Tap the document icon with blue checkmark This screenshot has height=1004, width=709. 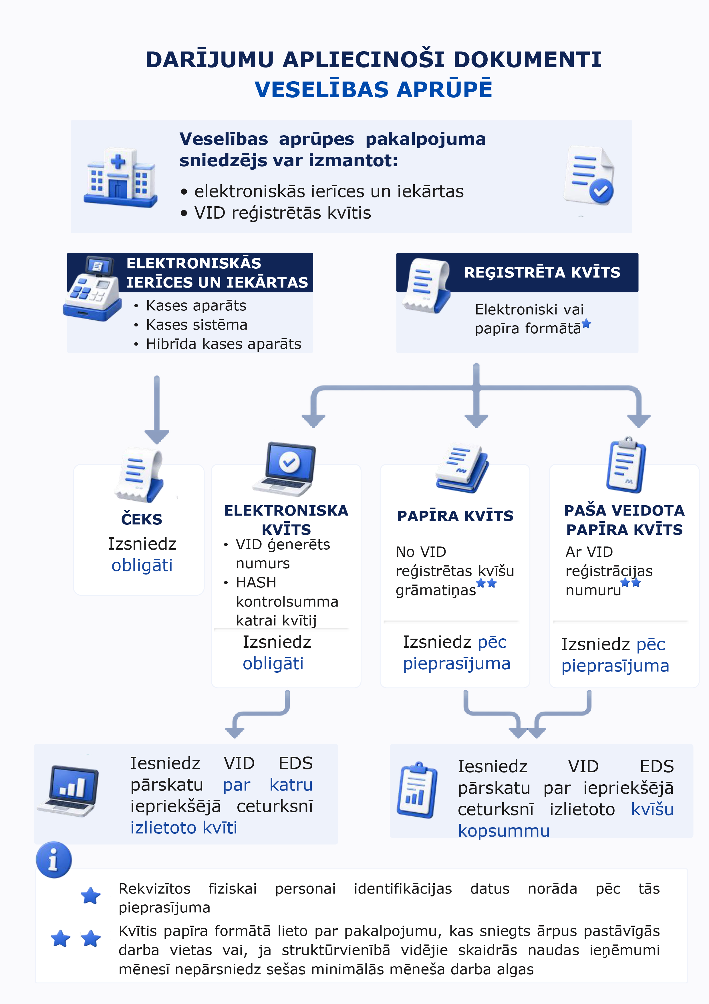click(589, 176)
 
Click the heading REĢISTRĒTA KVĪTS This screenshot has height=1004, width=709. click(542, 272)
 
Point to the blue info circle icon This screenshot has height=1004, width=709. click(54, 860)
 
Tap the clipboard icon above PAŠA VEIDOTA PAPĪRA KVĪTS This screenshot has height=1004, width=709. click(626, 465)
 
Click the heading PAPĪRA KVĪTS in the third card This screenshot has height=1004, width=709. click(455, 516)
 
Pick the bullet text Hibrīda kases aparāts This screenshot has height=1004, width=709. click(223, 344)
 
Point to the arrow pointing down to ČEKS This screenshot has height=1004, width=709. click(157, 409)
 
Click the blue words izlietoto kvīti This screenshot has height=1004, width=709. click(184, 828)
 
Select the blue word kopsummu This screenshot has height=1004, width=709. click(504, 831)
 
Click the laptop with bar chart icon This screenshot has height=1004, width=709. click(68, 791)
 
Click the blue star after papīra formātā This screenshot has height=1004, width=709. click(587, 324)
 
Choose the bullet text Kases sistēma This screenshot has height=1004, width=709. click(197, 325)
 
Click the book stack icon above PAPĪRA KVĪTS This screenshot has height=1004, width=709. click(462, 469)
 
